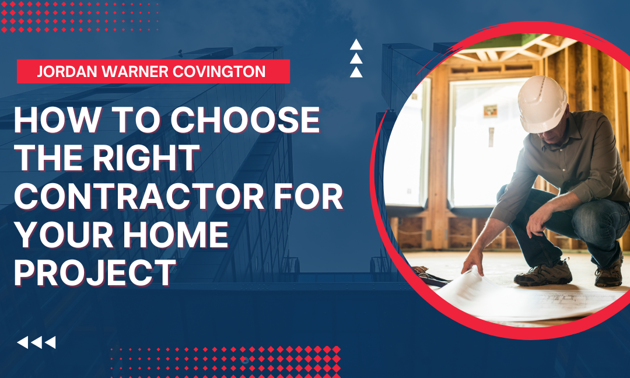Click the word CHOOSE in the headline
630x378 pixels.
click(x=246, y=120)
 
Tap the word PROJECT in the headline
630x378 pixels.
click(x=95, y=273)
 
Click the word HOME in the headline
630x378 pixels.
click(x=176, y=235)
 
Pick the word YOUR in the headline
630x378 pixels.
click(x=64, y=235)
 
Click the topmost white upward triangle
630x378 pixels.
click(x=356, y=44)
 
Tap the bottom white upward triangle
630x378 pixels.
click(x=356, y=72)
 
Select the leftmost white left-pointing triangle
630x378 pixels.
click(x=23, y=342)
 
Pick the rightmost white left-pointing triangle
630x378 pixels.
click(x=50, y=342)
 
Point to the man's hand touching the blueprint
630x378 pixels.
click(x=473, y=262)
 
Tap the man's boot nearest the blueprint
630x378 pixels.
click(x=543, y=274)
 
